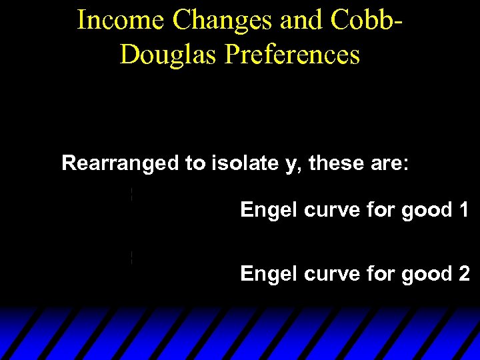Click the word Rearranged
pyautogui.click(x=120, y=163)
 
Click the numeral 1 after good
pyautogui.click(x=463, y=211)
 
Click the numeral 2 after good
pyautogui.click(x=463, y=273)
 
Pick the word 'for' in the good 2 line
pyautogui.click(x=379, y=273)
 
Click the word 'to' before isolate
pyautogui.click(x=196, y=163)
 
